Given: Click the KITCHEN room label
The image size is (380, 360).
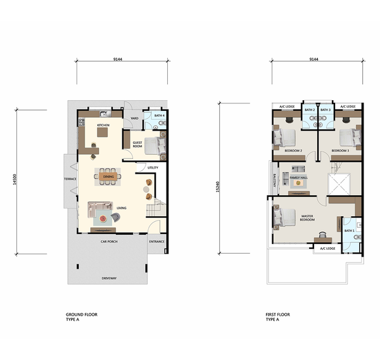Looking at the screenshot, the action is (103, 125).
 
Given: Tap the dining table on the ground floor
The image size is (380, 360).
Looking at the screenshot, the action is (108, 177).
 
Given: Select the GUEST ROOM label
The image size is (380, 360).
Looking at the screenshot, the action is (137, 145).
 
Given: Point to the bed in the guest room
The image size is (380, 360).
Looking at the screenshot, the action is (155, 146).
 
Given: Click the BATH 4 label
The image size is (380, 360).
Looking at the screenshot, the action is (160, 115).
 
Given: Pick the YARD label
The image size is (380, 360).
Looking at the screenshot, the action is (134, 119).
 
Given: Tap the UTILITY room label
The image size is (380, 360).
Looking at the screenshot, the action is (153, 167).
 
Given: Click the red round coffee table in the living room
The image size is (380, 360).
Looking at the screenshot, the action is (103, 219).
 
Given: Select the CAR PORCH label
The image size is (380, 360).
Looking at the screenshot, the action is (109, 241).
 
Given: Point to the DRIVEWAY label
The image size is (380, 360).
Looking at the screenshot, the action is (109, 278).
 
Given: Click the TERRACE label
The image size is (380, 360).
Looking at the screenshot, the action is (70, 179).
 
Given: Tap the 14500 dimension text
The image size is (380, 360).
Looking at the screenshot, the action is (15, 179).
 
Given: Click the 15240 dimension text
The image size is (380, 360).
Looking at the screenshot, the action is (218, 187).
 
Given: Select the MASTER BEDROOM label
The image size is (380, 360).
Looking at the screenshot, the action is (307, 218).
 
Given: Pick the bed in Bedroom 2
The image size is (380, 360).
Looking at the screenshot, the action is (284, 138).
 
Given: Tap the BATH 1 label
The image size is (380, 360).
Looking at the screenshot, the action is (349, 231).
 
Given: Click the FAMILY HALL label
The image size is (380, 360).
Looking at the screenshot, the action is (298, 178).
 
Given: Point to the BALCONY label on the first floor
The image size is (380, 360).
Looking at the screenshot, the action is (275, 180).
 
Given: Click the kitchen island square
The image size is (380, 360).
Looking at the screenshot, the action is (103, 132).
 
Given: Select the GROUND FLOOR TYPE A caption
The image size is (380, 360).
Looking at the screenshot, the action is (82, 317).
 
